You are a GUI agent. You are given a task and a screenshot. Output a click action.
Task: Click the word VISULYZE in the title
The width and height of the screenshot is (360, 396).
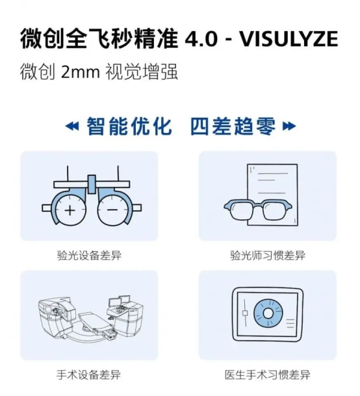[x=289, y=39]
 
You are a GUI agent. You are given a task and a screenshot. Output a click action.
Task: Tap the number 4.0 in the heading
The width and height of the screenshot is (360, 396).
[x=201, y=39]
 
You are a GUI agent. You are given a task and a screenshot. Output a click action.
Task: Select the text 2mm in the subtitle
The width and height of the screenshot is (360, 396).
[x=81, y=72]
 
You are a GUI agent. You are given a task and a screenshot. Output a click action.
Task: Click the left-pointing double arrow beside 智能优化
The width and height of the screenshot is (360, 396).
[x=72, y=126]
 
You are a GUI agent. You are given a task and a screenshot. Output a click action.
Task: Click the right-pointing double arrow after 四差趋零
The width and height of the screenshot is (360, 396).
[x=289, y=126]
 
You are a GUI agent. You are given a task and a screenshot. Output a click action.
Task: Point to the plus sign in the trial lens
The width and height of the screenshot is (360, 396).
[x=70, y=210]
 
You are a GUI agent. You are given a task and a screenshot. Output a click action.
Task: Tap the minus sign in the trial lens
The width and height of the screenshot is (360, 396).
[x=112, y=210]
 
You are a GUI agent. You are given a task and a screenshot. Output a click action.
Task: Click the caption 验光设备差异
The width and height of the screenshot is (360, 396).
[x=89, y=255]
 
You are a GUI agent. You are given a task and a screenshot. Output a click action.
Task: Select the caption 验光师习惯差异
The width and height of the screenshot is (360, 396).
[x=268, y=255]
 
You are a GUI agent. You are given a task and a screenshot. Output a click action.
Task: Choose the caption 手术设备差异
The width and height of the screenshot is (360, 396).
[x=89, y=375]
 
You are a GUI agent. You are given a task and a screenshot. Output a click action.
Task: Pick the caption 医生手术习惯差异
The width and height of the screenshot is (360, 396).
[x=268, y=375]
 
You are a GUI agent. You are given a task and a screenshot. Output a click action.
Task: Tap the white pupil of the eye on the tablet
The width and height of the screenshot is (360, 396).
[x=268, y=313]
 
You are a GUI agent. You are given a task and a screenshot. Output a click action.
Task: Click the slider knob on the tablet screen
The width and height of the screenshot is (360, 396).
[x=245, y=313]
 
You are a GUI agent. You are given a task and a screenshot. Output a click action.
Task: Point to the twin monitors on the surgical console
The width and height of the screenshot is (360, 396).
[x=119, y=301]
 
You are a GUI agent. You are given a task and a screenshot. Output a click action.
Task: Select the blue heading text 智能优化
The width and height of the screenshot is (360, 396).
[x=129, y=126]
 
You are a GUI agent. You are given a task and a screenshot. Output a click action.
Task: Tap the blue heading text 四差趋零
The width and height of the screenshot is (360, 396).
[x=233, y=126]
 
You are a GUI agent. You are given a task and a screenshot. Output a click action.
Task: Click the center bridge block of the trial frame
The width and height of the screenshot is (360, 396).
[x=92, y=184]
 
